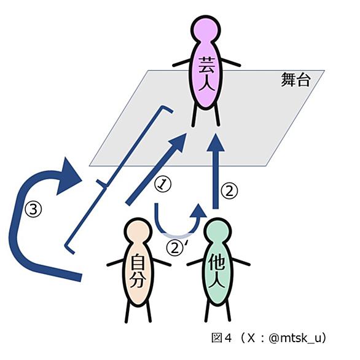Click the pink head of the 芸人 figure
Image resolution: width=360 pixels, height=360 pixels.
pos(206,29)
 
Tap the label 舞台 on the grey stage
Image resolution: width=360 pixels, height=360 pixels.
pos(295,79)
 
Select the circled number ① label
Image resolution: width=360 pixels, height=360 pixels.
pos(163,184)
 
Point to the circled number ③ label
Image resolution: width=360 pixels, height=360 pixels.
pos(34,209)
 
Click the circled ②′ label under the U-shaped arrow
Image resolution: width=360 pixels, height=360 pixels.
pos(176,248)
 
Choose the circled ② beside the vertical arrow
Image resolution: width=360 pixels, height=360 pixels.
pos(229,191)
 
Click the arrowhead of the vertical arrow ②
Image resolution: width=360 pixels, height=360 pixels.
pos(216,143)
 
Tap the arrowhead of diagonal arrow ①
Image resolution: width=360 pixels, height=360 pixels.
pos(178,143)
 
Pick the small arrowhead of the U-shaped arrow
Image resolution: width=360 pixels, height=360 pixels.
pos(198,210)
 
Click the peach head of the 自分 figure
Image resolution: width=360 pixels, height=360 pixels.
pos(138,232)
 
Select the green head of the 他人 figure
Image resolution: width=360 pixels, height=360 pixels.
pos(217,231)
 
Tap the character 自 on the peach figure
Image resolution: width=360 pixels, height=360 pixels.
pos(138,261)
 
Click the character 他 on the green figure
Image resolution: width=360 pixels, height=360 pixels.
pos(217,262)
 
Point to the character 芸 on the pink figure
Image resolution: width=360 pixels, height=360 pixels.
pos(206,65)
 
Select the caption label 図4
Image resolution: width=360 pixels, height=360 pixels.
pos(221,338)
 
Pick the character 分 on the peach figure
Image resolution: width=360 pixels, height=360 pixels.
pos(138,280)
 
